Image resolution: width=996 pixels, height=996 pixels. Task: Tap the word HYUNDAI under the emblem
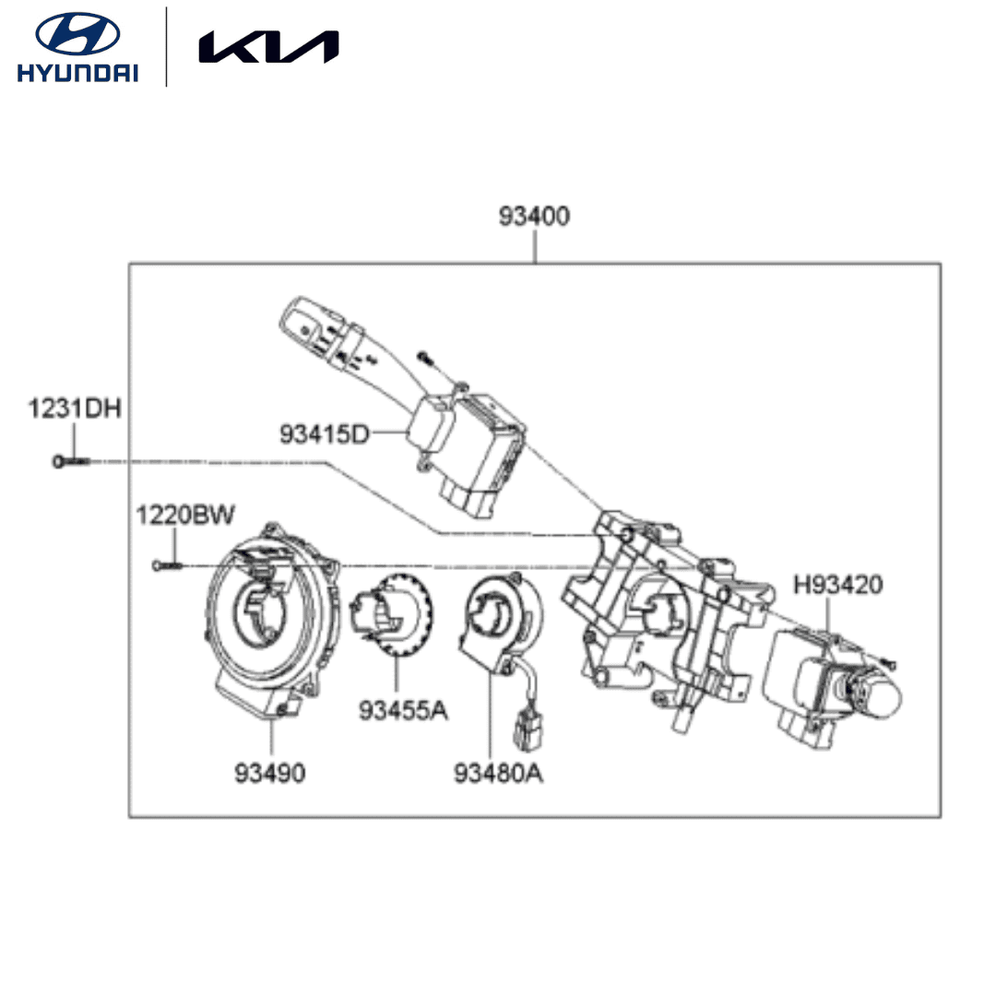tap(77, 74)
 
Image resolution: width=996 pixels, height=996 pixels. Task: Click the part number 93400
tap(535, 217)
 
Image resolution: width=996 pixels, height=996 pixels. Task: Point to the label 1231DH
tap(74, 409)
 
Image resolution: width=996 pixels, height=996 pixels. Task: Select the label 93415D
tap(323, 432)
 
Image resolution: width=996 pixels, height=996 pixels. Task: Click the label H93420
tap(838, 584)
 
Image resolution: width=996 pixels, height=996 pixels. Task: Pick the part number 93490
tap(269, 773)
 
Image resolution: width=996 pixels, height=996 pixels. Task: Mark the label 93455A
tap(403, 710)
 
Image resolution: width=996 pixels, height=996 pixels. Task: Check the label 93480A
tap(498, 773)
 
